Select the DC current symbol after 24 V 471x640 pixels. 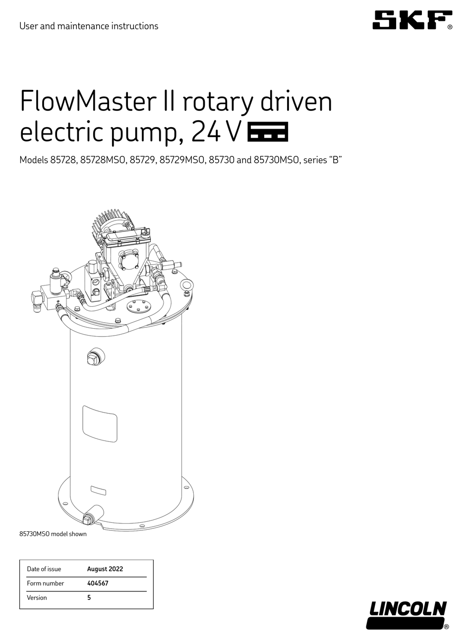click(x=267, y=132)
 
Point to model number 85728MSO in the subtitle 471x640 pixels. click(x=102, y=160)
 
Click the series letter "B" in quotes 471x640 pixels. click(x=337, y=160)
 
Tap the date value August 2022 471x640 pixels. click(x=105, y=569)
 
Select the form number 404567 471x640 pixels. click(x=98, y=583)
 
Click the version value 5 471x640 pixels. click(x=89, y=598)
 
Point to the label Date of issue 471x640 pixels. click(x=44, y=569)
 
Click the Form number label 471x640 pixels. click(x=46, y=583)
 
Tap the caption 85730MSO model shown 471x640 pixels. click(x=53, y=534)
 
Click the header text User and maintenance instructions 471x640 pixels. click(x=89, y=26)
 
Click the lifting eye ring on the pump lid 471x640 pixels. click(x=187, y=286)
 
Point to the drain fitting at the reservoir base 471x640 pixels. click(x=92, y=514)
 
